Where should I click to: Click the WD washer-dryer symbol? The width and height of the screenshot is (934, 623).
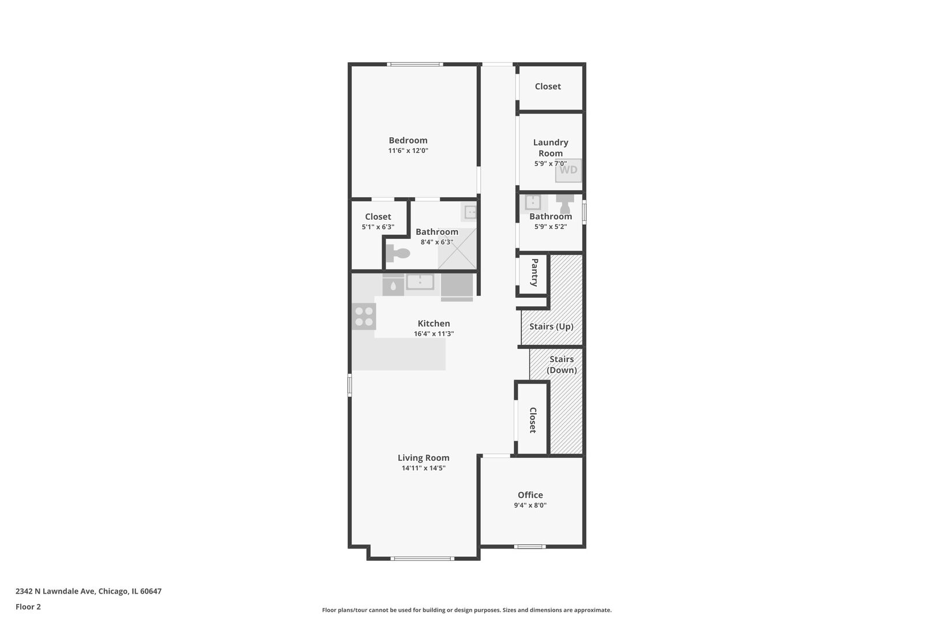coord(568,170)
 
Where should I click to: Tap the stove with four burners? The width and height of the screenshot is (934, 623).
coord(364,316)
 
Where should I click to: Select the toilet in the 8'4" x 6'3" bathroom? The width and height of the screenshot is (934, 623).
coord(398,253)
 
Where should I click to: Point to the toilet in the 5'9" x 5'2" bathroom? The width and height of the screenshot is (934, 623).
coord(565,204)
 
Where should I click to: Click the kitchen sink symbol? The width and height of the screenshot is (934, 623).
coord(420,282)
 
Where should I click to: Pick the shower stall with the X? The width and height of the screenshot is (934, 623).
coord(457,249)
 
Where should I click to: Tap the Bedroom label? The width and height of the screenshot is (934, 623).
coord(408,140)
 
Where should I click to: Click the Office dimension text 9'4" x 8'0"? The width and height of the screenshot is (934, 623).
coord(530,505)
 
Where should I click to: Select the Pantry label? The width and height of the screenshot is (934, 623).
coord(534,272)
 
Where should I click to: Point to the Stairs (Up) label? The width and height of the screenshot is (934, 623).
coord(551,326)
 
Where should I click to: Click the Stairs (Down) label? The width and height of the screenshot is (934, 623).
coord(562,365)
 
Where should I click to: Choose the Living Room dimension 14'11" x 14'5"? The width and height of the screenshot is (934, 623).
coord(423,468)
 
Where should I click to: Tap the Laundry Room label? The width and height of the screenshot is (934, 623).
coord(551,148)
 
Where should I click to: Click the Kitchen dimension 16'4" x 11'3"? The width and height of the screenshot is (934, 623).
coord(434,334)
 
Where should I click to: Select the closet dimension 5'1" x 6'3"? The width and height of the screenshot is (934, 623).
coord(378,227)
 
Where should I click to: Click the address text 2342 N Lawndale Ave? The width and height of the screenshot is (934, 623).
coord(56,591)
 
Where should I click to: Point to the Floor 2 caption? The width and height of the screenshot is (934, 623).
coord(28,607)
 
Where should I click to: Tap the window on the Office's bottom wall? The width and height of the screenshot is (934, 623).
coord(529,547)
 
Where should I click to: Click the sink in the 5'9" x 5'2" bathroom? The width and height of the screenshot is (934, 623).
coord(533,202)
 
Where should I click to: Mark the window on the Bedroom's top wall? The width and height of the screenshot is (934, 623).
coord(415,64)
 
